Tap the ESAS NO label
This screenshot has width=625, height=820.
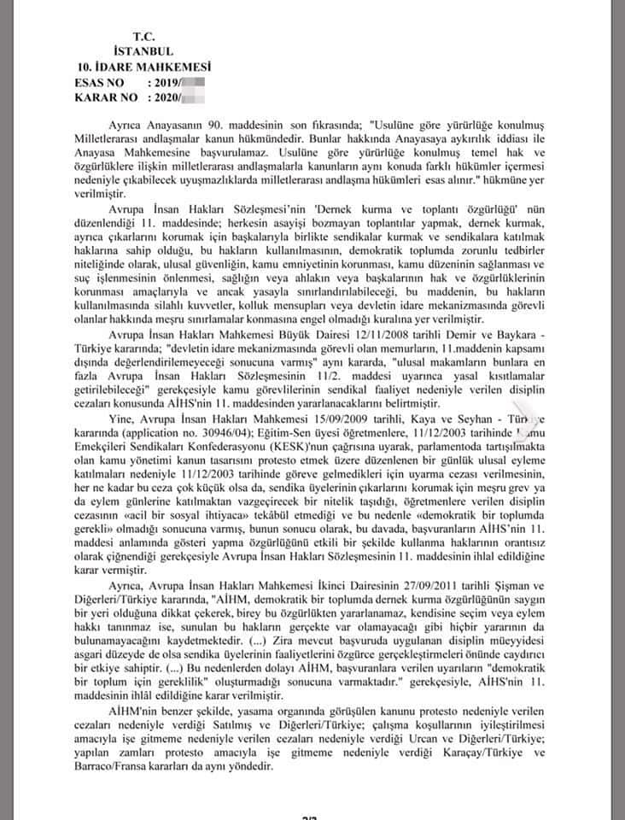click(100, 82)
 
